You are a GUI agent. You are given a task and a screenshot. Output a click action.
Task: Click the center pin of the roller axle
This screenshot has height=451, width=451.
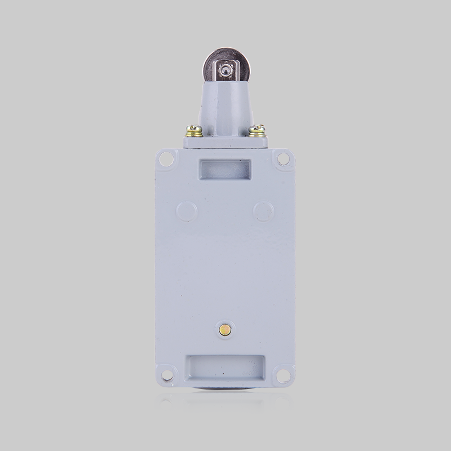click(226, 70)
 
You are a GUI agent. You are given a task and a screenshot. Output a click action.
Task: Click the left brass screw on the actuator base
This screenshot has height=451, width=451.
click(194, 131)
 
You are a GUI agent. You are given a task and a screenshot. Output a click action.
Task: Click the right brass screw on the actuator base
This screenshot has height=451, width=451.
click(257, 131)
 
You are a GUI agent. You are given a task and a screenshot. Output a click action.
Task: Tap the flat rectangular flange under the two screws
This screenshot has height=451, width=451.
click(225, 143)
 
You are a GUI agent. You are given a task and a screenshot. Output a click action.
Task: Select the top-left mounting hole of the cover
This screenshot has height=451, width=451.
click(166, 160)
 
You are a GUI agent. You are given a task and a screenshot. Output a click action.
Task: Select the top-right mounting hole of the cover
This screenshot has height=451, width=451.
click(284, 160)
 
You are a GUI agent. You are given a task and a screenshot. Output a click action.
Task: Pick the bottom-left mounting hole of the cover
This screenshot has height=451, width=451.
click(167, 374)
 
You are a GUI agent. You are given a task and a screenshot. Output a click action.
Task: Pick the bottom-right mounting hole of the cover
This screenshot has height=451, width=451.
click(283, 374)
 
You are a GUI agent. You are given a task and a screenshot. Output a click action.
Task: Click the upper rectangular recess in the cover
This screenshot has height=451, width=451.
click(225, 169)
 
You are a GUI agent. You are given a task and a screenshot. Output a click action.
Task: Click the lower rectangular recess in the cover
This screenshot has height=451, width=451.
click(225, 368)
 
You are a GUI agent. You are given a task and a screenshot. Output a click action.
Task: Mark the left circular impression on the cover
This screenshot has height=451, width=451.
click(187, 211)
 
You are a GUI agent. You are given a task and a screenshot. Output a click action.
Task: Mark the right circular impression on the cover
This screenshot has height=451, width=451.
click(263, 211)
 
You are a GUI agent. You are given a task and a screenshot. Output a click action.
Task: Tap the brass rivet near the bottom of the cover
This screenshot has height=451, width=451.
click(225, 330)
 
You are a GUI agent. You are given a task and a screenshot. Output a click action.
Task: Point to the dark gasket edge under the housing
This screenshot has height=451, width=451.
click(225, 390)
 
